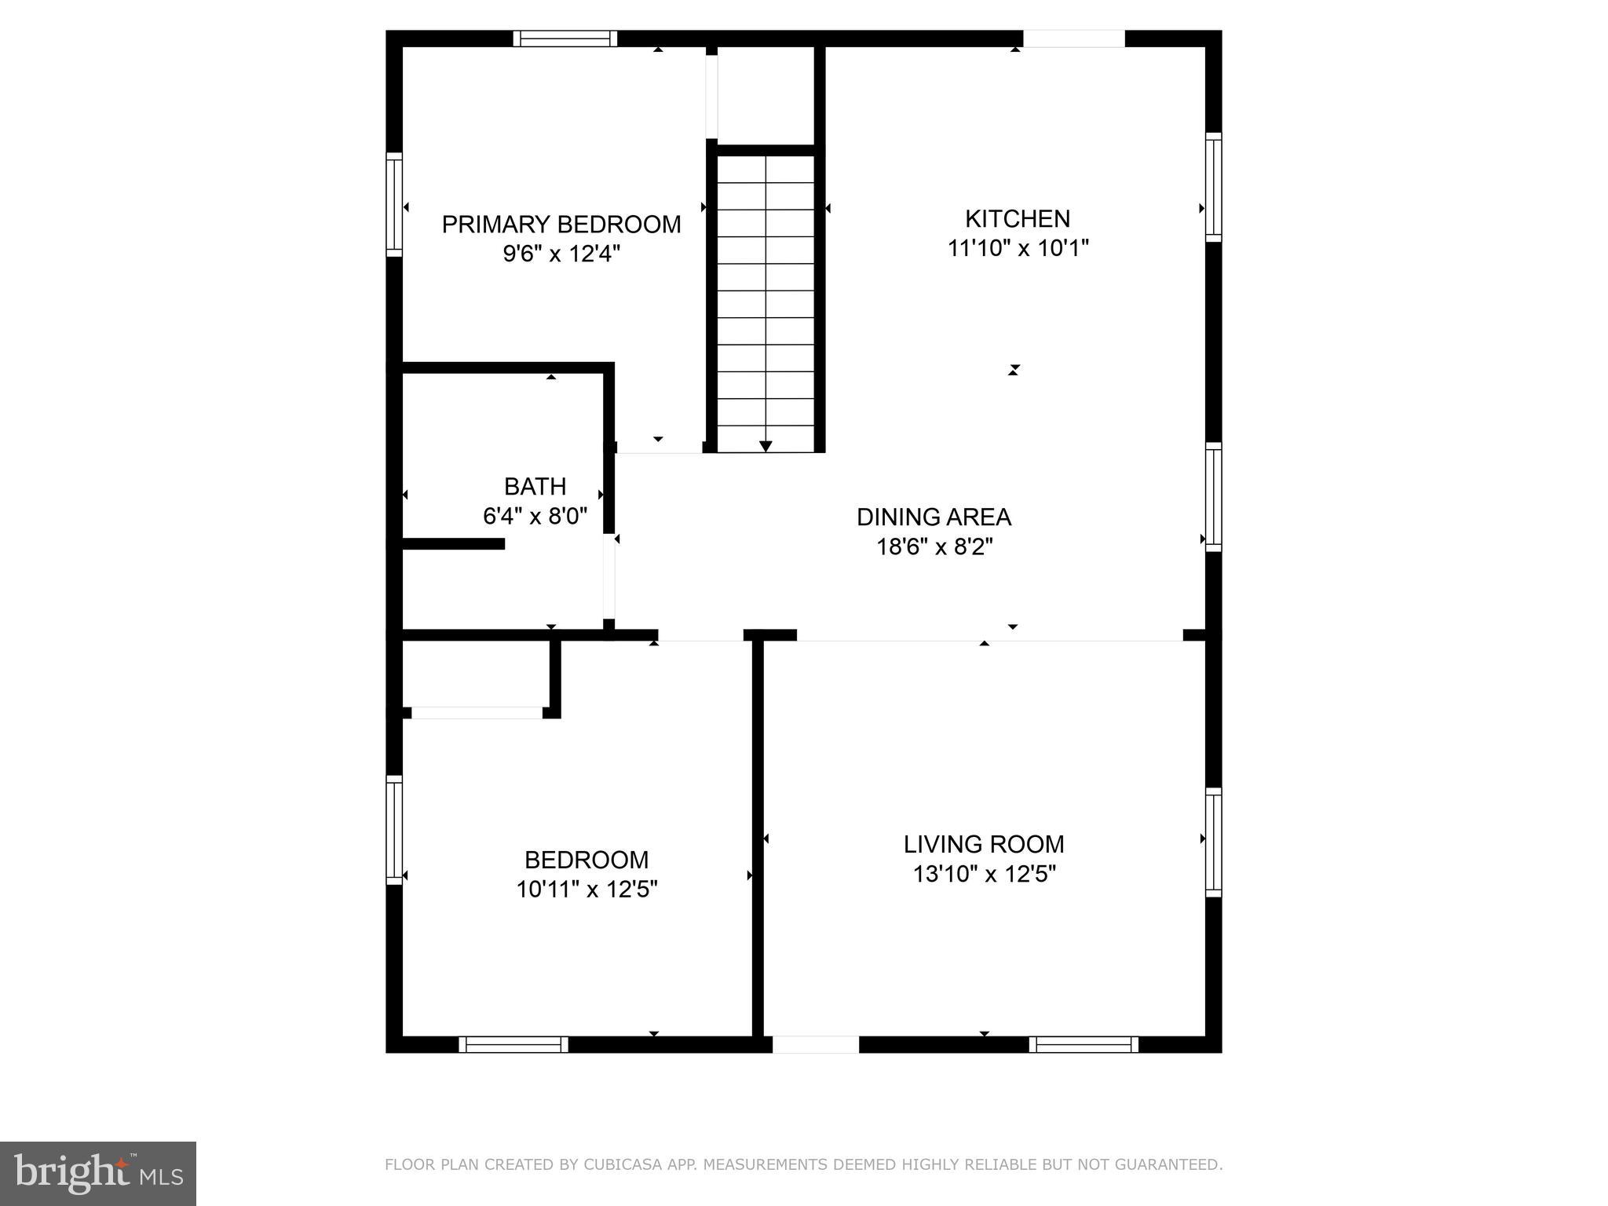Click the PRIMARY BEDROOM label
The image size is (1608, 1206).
click(561, 225)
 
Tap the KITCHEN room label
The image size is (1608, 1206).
click(1017, 218)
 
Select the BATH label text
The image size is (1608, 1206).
click(535, 487)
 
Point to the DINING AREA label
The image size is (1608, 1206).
click(934, 517)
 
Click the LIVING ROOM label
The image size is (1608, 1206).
click(984, 845)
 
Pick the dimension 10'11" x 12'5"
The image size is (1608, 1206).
click(587, 890)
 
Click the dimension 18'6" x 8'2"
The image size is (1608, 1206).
click(934, 546)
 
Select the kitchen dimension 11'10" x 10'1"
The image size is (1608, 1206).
click(1018, 248)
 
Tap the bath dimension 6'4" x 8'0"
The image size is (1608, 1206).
click(535, 517)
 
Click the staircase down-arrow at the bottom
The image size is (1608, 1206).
click(766, 446)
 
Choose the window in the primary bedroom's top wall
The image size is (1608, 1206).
click(565, 38)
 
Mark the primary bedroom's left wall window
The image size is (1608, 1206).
click(394, 204)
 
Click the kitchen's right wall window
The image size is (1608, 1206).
click(1213, 187)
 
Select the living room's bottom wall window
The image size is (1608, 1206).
click(1084, 1044)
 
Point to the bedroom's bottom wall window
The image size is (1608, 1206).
click(513, 1044)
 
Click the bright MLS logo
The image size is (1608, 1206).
click(98, 1173)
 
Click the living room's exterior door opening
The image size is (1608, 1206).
click(816, 1044)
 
